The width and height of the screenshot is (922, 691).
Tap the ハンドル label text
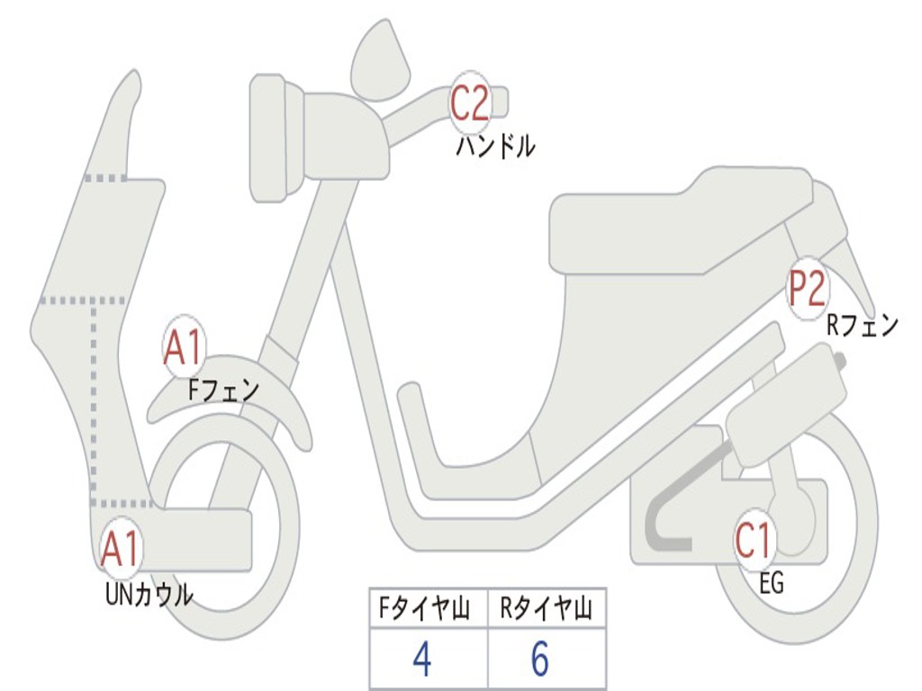[x=495, y=146]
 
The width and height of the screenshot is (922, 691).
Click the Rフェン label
[x=863, y=326]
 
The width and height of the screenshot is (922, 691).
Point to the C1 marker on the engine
[x=753, y=541]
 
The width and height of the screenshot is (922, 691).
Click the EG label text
[x=772, y=584]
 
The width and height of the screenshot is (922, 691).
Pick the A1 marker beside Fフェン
[x=184, y=347]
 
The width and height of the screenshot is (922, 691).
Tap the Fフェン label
[x=223, y=390]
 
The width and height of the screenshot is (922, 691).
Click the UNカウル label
[x=149, y=594]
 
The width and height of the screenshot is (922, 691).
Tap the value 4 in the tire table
[x=421, y=660]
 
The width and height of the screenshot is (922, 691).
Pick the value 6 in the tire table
[x=539, y=660]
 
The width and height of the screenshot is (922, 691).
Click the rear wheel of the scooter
[x=846, y=558]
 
